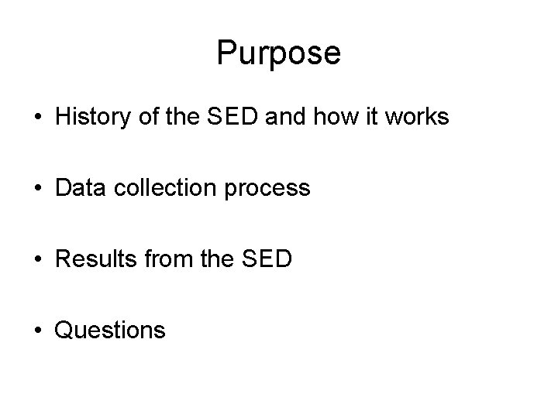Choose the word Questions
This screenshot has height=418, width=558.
pyautogui.click(x=110, y=331)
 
